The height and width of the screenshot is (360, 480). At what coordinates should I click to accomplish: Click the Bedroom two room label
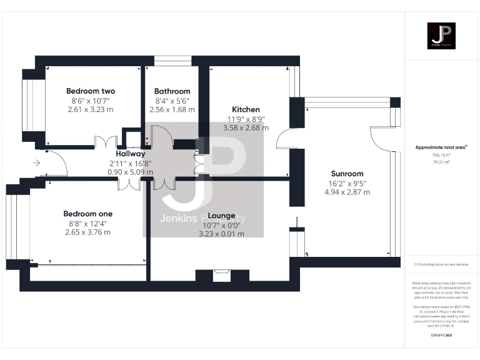coord(91,91)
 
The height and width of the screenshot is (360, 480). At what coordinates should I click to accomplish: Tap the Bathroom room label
coord(172,91)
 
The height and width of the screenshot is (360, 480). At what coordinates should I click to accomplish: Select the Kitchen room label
coord(246,109)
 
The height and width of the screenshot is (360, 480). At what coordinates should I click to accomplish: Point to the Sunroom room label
coord(347,174)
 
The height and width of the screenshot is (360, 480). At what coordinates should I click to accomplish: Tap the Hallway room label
coord(130,154)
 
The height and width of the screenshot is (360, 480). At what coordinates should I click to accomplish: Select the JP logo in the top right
coord(442,35)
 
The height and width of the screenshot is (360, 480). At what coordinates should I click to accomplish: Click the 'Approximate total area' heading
coord(441,147)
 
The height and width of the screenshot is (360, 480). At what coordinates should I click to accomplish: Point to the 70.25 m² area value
coord(441,161)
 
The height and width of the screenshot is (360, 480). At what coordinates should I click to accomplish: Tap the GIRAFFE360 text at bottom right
coord(441,336)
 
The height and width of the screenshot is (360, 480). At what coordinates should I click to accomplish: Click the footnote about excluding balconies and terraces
coord(441,265)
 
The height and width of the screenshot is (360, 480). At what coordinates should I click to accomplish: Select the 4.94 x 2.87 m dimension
coord(347,192)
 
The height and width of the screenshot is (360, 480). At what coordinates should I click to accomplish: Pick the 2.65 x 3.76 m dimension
coord(88,232)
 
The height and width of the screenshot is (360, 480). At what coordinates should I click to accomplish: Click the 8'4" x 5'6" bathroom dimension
coord(172,101)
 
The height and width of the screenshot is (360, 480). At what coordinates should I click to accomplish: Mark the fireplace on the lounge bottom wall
coord(222,274)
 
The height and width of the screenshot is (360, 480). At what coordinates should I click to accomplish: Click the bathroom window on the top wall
coord(172,61)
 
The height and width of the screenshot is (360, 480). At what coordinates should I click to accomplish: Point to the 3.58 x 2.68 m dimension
coord(246,127)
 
